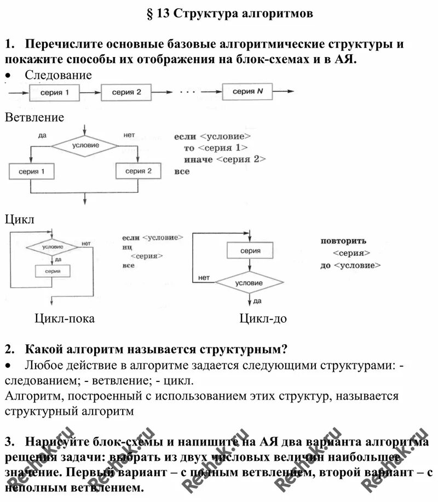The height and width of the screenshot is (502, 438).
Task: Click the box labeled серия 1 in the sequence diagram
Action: [55, 93]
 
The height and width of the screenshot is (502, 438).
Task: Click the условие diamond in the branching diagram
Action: [85, 145]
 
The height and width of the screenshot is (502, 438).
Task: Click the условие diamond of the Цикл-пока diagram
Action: [53, 248]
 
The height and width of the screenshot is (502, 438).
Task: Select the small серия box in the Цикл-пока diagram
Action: [53, 271]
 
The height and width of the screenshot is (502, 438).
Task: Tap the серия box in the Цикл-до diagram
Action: [250, 250]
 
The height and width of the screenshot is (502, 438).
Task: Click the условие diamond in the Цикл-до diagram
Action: [249, 283]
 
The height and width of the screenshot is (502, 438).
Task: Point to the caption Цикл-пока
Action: [65, 318]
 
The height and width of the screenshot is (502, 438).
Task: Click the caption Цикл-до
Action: [263, 318]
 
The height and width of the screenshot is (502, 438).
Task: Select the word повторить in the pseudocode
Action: [343, 241]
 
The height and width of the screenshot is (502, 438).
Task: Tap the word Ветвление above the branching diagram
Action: [34, 117]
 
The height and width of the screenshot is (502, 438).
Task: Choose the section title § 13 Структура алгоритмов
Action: [230, 14]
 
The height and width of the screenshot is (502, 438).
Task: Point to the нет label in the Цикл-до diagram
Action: [204, 277]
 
